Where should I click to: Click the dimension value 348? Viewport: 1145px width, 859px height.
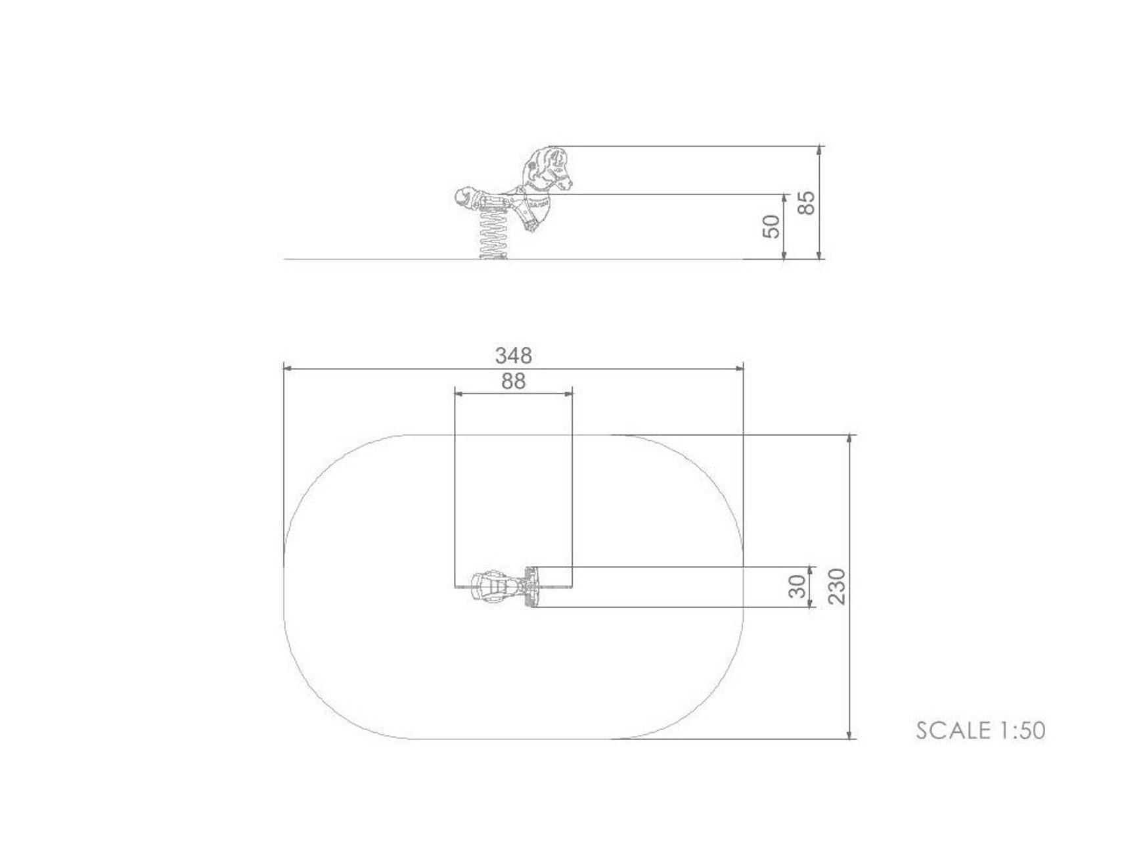pos(513,356)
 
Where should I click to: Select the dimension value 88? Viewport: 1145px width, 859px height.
pos(513,381)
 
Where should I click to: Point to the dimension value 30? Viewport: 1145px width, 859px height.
pos(796,586)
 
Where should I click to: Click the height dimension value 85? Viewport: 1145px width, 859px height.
pos(806,202)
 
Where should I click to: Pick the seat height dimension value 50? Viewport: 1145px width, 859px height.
pos(773,226)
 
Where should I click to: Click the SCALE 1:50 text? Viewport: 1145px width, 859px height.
pos(980,730)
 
